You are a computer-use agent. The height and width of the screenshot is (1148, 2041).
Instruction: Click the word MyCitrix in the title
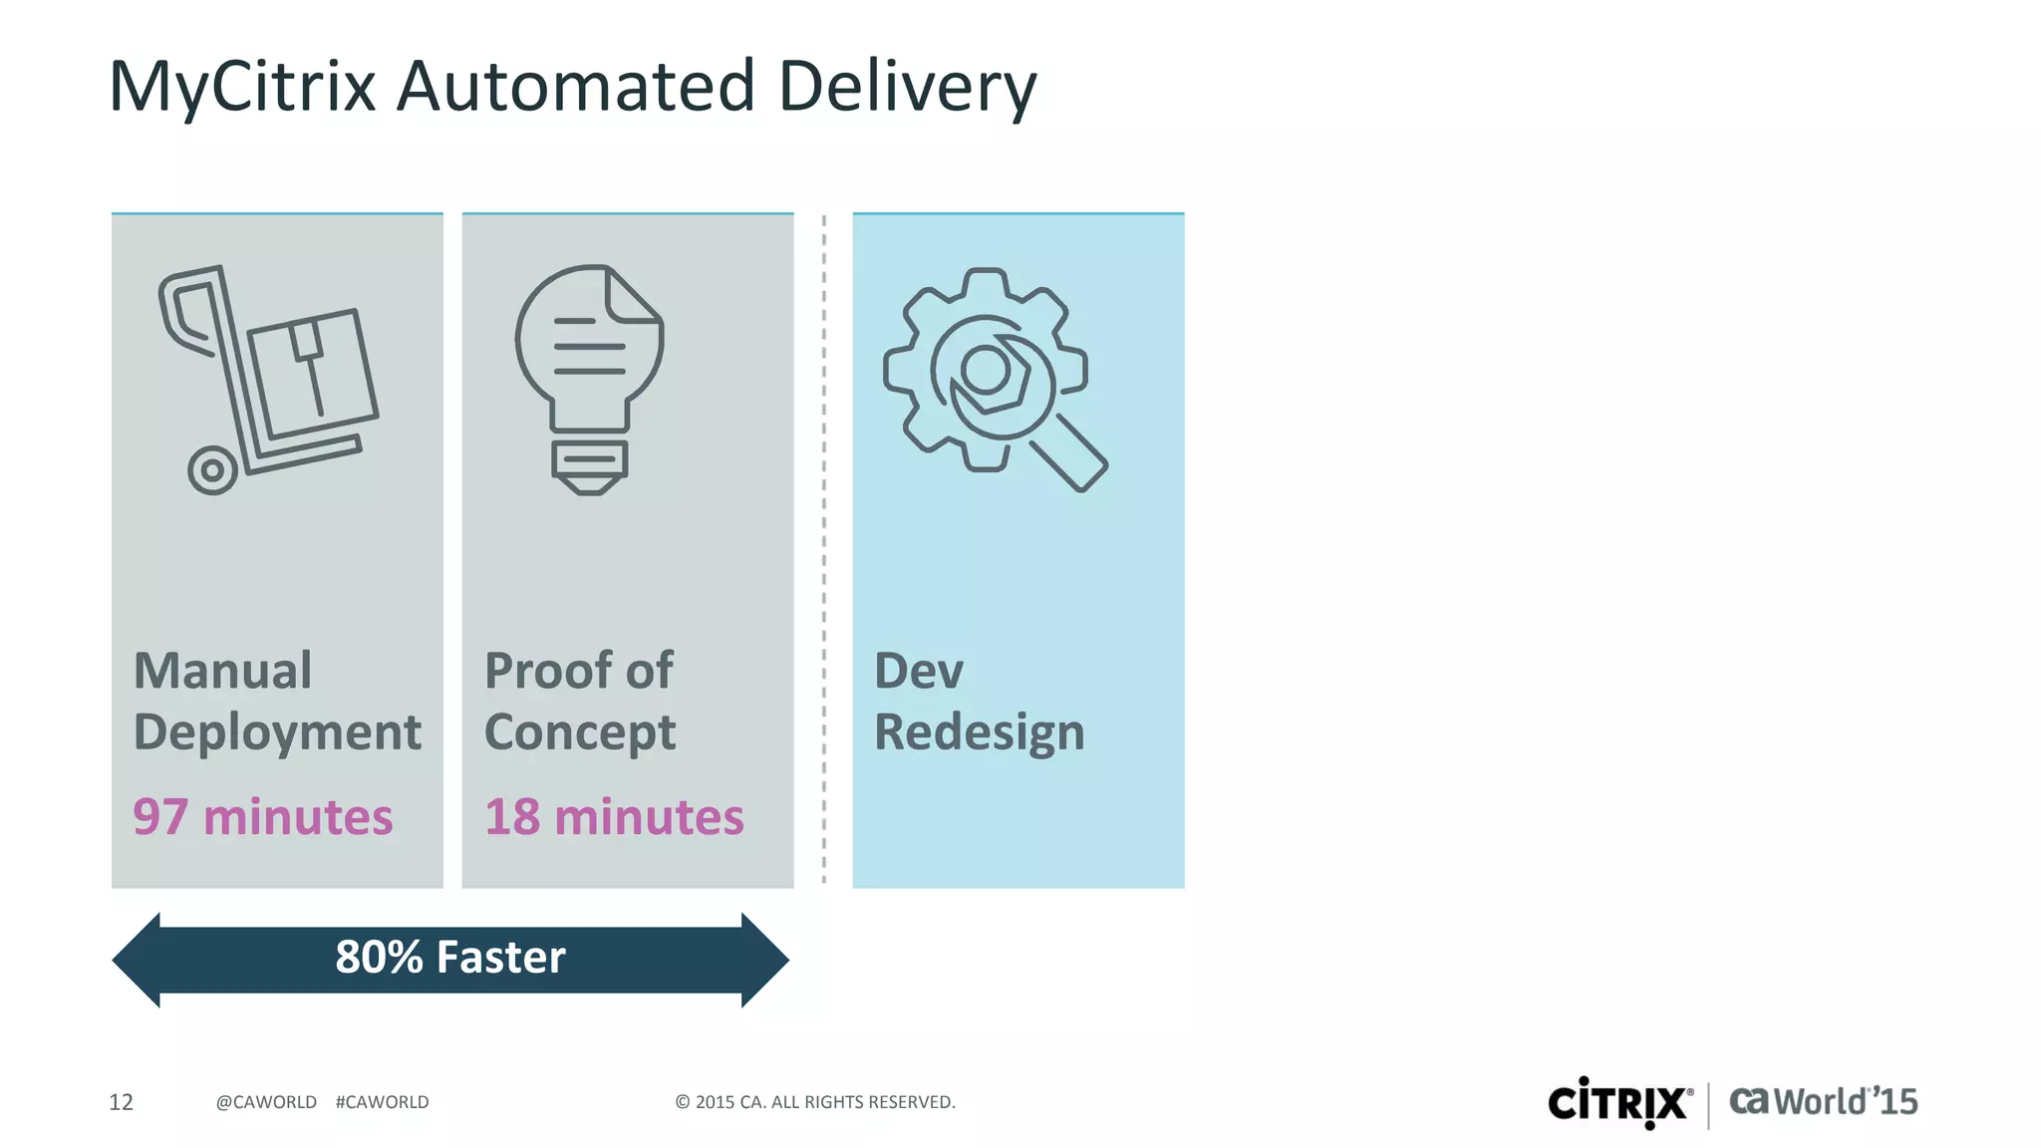(242, 88)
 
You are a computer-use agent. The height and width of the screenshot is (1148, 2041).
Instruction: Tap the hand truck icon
(267, 380)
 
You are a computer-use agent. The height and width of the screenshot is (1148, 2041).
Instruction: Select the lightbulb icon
(590, 380)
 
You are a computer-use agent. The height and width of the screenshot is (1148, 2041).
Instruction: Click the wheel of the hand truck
(212, 469)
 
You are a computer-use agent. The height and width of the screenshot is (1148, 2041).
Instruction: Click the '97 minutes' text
(263, 817)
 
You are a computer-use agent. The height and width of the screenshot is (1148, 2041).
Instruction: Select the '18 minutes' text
(614, 817)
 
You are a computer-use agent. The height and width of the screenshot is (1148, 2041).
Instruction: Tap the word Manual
(223, 671)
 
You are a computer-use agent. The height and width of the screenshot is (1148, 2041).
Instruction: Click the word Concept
(580, 733)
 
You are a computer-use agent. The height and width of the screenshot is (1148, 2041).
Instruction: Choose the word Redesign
(979, 733)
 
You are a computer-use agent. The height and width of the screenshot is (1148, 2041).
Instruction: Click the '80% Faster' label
(450, 958)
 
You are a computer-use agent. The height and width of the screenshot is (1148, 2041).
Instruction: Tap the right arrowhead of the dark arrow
(765, 960)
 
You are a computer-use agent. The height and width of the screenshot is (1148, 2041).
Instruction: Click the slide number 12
(121, 1102)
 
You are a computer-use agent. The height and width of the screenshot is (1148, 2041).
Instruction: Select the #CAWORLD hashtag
(382, 1102)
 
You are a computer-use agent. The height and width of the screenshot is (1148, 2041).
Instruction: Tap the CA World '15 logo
(1823, 1101)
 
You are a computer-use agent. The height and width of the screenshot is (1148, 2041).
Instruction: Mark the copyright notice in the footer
(815, 1102)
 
